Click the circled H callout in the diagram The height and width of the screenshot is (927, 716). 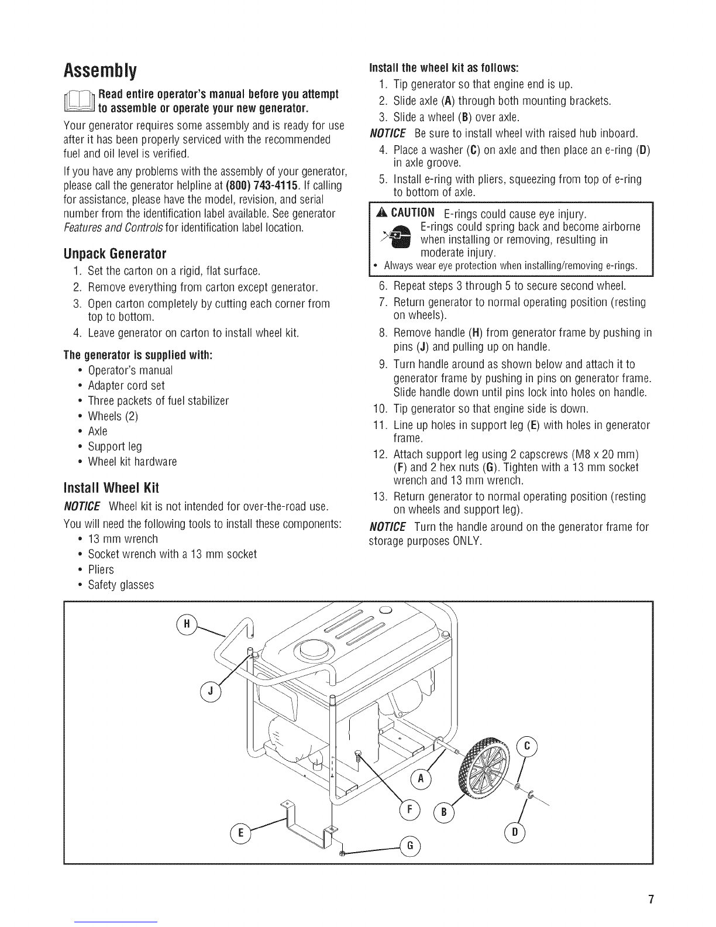(187, 624)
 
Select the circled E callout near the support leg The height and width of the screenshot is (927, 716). (240, 832)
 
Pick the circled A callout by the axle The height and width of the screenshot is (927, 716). (421, 779)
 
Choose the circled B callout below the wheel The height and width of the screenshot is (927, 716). (443, 812)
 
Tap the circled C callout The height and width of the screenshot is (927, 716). (526, 746)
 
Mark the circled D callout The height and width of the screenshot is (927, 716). (515, 832)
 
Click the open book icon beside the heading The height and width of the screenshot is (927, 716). (80, 102)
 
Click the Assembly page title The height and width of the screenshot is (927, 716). (101, 71)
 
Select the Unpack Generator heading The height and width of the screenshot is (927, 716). (115, 253)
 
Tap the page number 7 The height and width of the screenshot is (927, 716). (650, 899)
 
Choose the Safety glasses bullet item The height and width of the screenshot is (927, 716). (121, 585)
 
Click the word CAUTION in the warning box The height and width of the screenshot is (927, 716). (412, 212)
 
